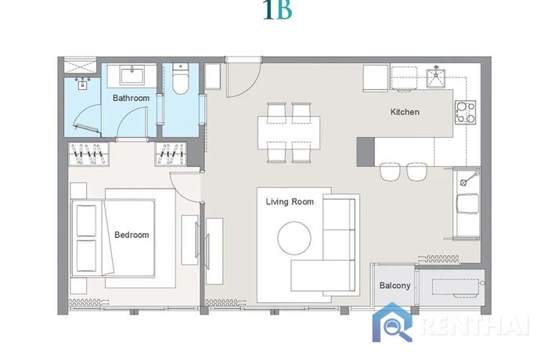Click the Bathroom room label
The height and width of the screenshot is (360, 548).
131,98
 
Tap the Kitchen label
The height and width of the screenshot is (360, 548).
405,112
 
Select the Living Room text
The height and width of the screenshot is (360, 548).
290,202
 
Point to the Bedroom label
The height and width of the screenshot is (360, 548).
132,235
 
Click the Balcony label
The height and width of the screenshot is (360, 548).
395,286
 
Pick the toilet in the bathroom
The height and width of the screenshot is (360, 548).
180,79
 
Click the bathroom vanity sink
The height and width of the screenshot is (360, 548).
132,75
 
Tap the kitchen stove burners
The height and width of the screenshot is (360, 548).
465,112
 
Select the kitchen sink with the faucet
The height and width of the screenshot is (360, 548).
435,77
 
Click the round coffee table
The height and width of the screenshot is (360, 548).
294,238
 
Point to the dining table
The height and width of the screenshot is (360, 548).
289,133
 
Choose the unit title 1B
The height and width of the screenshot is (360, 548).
278,10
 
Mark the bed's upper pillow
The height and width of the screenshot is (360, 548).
86,221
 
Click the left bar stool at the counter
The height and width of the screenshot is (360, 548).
390,171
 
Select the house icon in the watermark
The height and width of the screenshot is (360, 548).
392,322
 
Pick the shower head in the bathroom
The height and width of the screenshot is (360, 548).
83,83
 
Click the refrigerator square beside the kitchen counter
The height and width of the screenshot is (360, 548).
376,78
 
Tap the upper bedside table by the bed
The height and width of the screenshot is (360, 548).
78,191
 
